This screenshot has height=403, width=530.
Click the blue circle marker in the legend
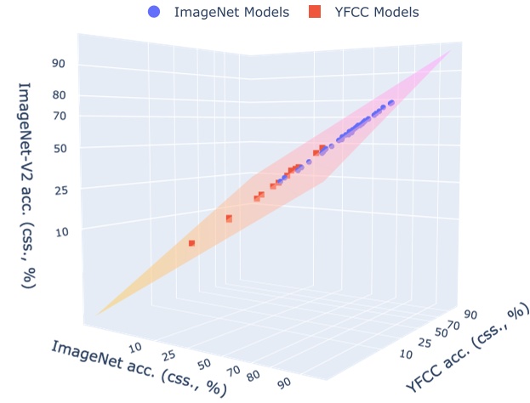click(x=153, y=12)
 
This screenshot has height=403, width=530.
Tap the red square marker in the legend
click(x=316, y=12)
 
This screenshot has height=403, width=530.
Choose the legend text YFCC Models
click(x=376, y=12)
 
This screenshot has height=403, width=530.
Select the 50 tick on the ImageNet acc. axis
click(x=204, y=364)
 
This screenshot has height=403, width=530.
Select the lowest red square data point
click(x=192, y=243)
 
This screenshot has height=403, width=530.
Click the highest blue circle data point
click(x=391, y=103)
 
